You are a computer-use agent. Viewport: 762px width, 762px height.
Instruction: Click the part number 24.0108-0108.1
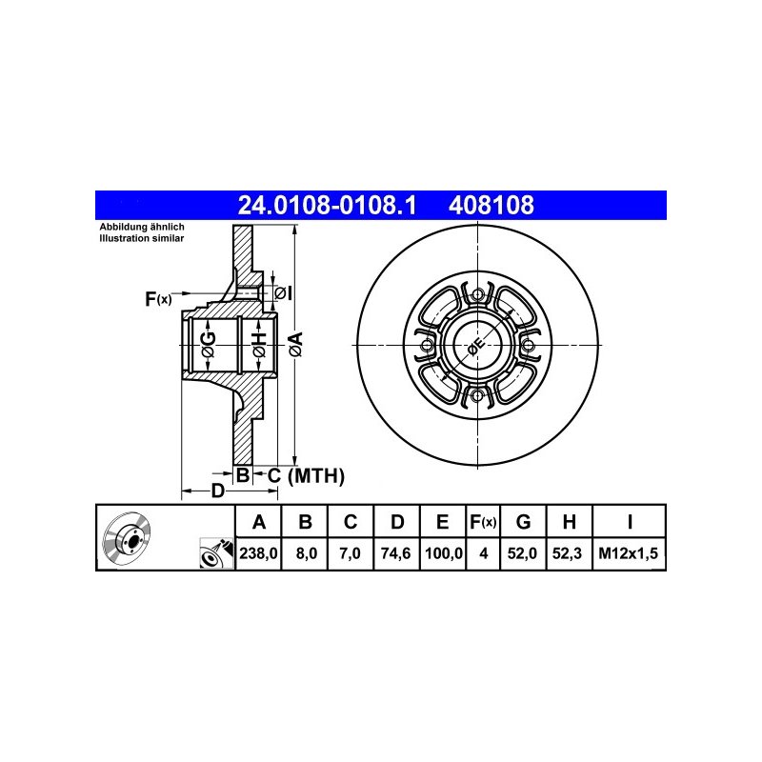pyautogui.click(x=327, y=205)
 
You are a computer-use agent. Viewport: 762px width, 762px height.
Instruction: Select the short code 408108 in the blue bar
pyautogui.click(x=491, y=205)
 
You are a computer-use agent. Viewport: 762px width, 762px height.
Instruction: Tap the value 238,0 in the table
pyautogui.click(x=258, y=553)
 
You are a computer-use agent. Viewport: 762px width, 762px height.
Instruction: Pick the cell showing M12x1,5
pyautogui.click(x=629, y=553)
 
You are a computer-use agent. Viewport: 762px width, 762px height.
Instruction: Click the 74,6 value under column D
pyautogui.click(x=396, y=553)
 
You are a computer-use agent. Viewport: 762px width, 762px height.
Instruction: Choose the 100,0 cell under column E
pyautogui.click(x=443, y=553)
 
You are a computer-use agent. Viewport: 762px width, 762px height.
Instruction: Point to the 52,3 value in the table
pyautogui.click(x=567, y=553)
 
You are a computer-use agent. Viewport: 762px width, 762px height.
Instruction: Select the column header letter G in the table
pyautogui.click(x=523, y=522)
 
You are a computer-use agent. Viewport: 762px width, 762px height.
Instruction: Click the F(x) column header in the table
pyautogui.click(x=483, y=522)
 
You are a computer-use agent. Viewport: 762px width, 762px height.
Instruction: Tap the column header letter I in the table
pyautogui.click(x=630, y=522)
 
